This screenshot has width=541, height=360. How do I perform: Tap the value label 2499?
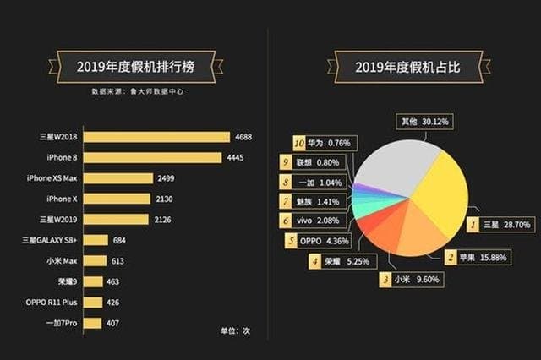coord(167,178)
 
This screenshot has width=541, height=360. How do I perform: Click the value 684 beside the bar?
coord(121,240)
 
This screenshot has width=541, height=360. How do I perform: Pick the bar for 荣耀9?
coord(93,281)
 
